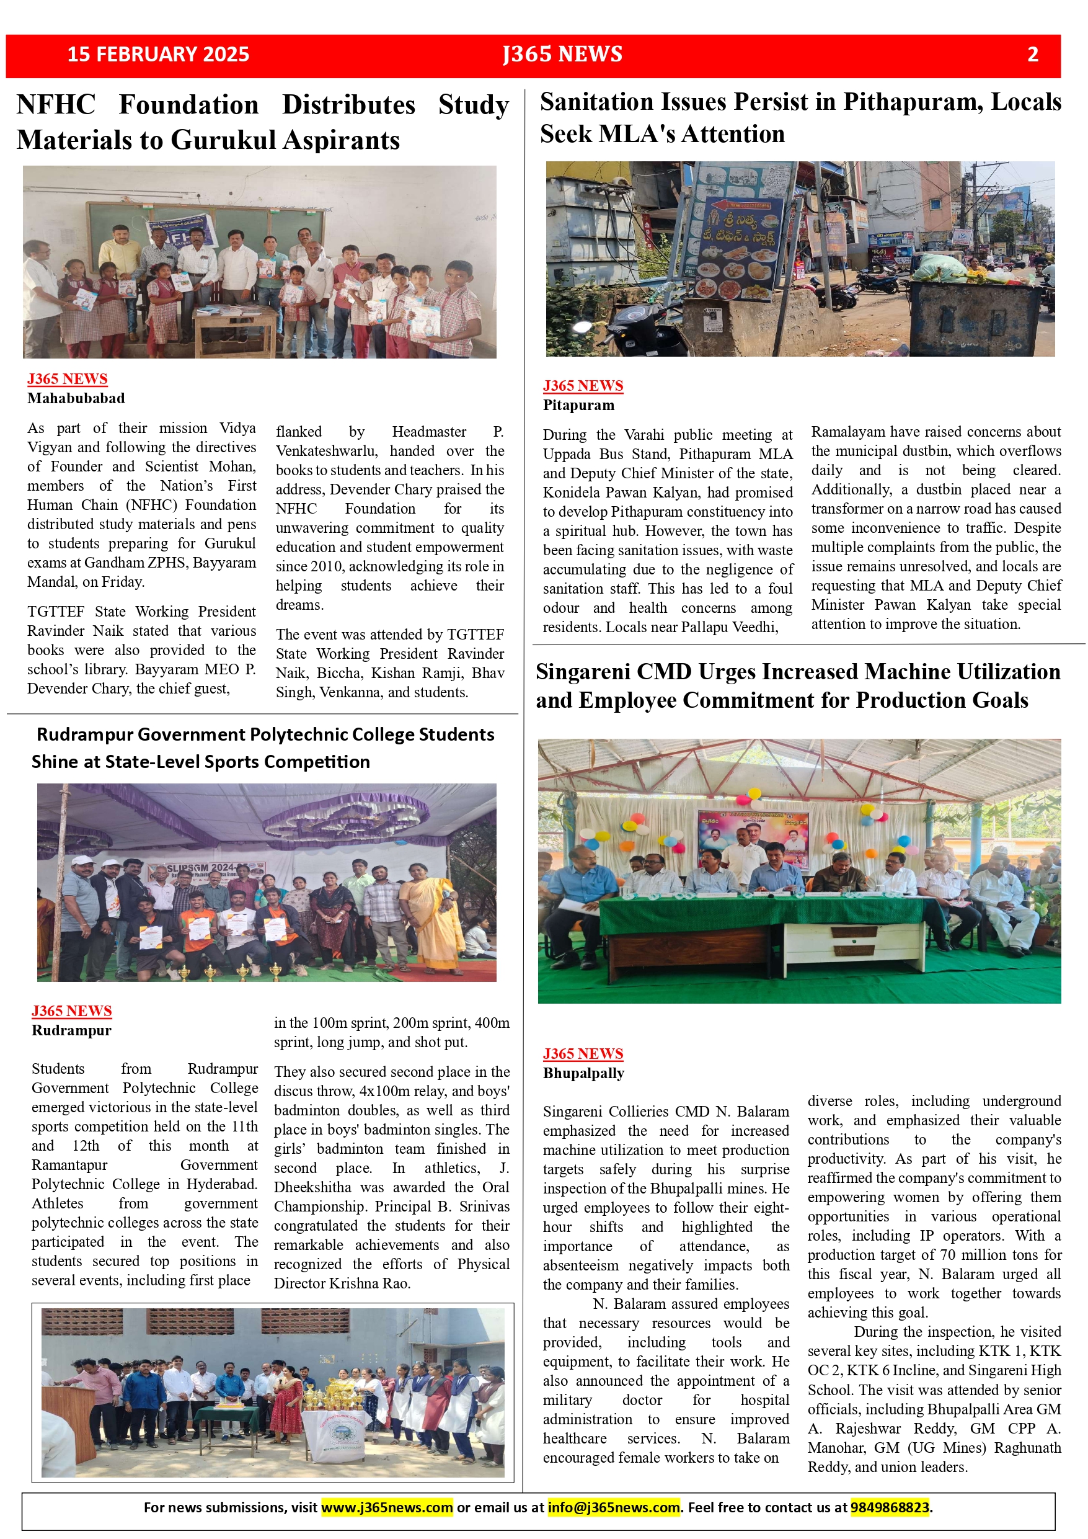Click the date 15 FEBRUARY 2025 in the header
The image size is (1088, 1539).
coord(158,55)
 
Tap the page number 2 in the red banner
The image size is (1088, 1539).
coord(1032,55)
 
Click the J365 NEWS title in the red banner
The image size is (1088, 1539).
coord(563,55)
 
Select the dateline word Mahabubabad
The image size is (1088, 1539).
coord(76,398)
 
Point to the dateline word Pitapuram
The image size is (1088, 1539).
coord(578,405)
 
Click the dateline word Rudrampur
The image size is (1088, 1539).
coord(71,1030)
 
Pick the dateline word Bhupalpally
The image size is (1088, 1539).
coord(583,1073)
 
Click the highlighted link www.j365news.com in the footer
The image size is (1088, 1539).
coord(387,1507)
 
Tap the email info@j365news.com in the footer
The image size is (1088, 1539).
coord(614,1507)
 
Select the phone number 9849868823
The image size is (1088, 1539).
coord(890,1507)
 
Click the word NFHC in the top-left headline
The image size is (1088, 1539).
coord(56,105)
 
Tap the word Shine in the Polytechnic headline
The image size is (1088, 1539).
coord(57,762)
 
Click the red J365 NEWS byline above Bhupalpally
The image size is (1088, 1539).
coord(583,1054)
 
